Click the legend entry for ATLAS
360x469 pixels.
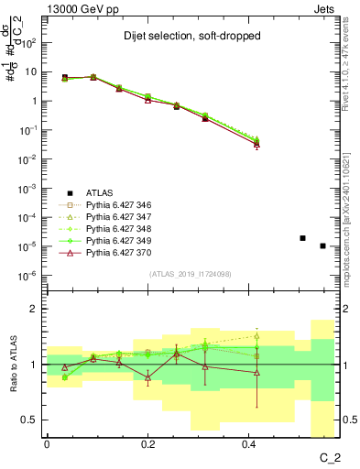[x=99, y=192]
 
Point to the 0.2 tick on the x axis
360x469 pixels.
[x=147, y=443]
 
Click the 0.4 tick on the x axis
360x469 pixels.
[x=248, y=443]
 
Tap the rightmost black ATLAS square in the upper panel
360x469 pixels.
[x=322, y=245]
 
